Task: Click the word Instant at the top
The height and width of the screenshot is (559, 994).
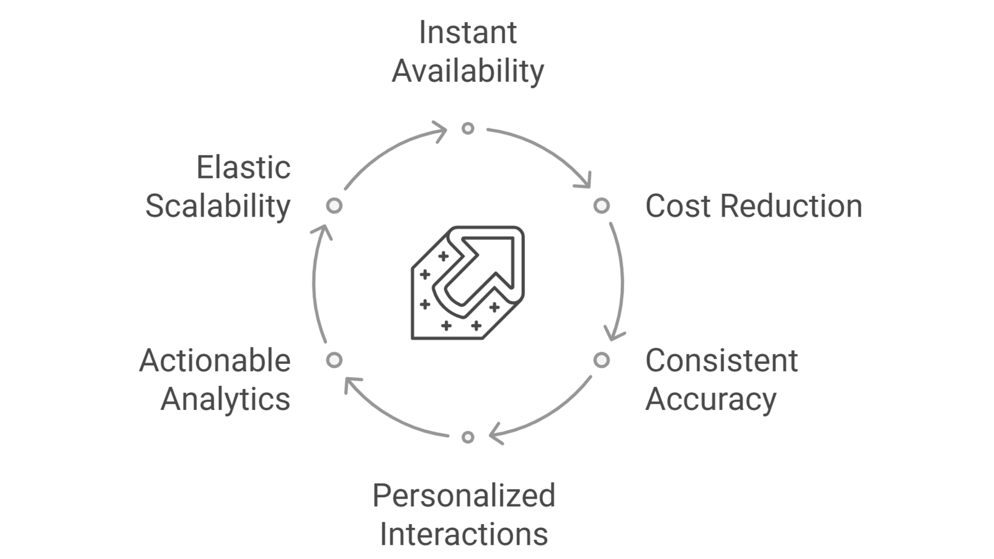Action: click(468, 33)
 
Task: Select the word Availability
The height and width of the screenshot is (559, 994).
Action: click(468, 71)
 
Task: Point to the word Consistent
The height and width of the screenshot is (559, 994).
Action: click(721, 360)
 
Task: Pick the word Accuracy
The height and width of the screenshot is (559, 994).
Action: click(711, 399)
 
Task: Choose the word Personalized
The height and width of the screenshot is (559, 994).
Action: click(464, 495)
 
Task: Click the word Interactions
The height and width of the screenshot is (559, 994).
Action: click(464, 534)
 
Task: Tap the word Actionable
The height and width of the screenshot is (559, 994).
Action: click(215, 360)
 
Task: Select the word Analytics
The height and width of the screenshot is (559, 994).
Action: click(225, 399)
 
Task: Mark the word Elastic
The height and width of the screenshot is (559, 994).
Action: click(243, 167)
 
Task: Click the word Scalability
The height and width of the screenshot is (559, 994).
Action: click(218, 206)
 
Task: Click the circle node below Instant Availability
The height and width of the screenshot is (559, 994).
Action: click(468, 129)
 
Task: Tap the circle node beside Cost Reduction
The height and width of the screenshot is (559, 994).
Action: click(601, 206)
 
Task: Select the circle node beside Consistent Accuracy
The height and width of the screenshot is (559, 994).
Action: click(601, 360)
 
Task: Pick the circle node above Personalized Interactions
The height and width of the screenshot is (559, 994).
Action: click(468, 437)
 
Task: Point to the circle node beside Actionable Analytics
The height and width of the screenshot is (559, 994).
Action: click(334, 360)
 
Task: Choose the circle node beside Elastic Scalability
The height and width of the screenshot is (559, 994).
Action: click(334, 206)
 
